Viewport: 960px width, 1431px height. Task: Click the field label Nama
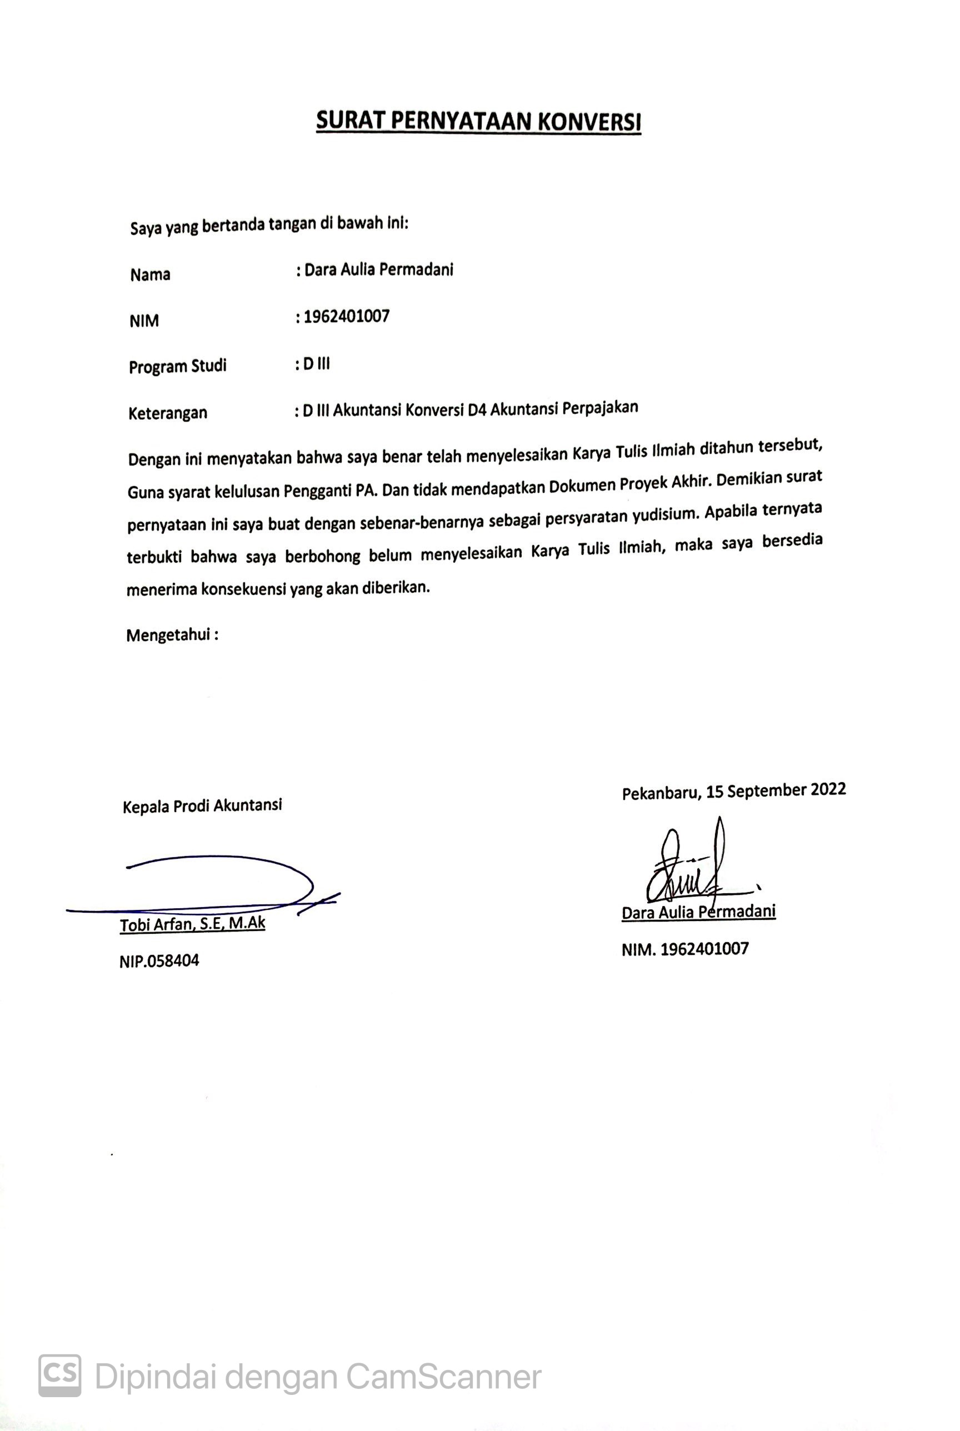click(x=150, y=275)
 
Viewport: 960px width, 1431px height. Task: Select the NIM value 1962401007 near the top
click(x=347, y=317)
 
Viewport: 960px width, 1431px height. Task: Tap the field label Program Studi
click(x=178, y=366)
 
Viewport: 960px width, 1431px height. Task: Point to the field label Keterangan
click(x=168, y=413)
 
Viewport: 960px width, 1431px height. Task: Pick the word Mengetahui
click(x=168, y=636)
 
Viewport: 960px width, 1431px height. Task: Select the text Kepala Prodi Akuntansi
click(x=202, y=805)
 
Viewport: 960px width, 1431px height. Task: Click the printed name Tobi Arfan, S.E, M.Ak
click(x=192, y=924)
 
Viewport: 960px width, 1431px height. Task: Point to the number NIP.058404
click(x=159, y=960)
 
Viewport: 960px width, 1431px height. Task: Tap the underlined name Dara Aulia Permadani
click(x=698, y=912)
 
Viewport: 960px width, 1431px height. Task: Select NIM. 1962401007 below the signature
click(x=685, y=949)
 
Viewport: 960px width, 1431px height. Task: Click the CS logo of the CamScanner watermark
click(x=60, y=1376)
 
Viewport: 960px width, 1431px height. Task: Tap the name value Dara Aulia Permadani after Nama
click(x=378, y=270)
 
